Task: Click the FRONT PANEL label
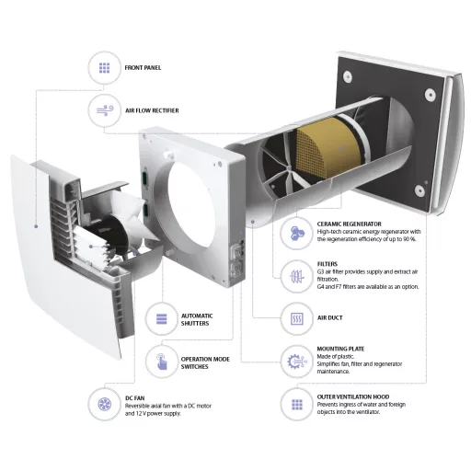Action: (143, 68)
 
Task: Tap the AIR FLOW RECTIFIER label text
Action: (152, 110)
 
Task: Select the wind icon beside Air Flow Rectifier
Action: (105, 110)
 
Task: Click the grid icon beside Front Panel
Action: (105, 68)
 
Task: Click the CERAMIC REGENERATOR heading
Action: (350, 224)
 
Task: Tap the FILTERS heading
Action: (327, 264)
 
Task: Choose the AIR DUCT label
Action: (330, 318)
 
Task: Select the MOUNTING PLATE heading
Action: (340, 349)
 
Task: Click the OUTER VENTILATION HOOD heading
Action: (353, 396)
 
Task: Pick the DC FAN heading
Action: (134, 398)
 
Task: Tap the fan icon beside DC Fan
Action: (105, 404)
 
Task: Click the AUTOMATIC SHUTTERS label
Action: (197, 319)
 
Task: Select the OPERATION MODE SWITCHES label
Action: (205, 362)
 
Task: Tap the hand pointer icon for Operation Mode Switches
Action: (162, 362)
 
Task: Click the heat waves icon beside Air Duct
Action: (296, 319)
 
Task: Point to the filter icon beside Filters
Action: (296, 277)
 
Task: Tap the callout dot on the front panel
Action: (36, 226)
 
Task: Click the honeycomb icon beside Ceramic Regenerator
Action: (297, 234)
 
